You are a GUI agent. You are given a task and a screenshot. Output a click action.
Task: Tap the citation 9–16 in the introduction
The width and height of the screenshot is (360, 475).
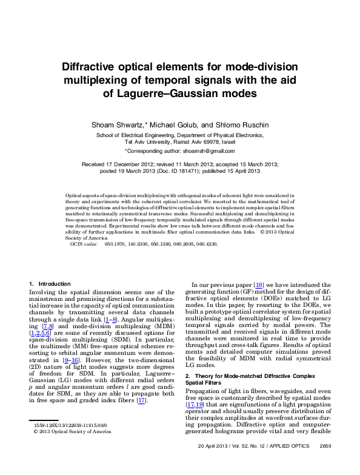click(62, 360)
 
